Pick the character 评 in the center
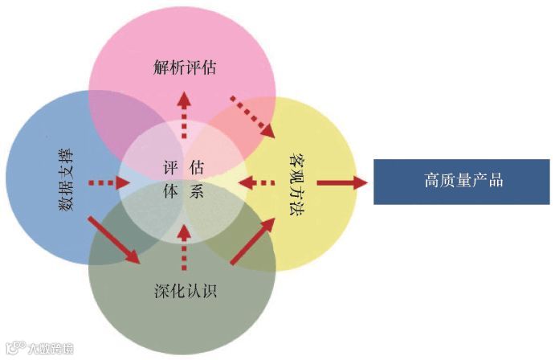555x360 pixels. (169, 167)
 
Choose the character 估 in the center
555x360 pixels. (197, 167)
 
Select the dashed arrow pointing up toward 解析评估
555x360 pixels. (184, 113)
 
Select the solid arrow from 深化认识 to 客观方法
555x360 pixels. (251, 241)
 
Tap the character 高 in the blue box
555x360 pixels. (431, 181)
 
